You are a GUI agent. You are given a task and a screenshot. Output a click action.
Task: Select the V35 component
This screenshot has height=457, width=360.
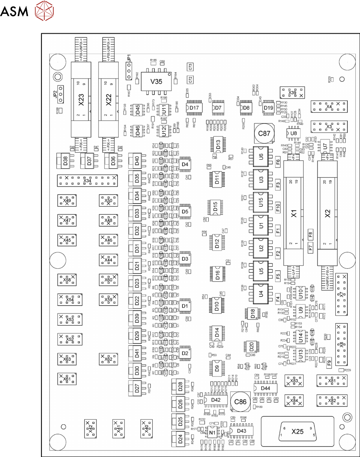pyautogui.click(x=156, y=82)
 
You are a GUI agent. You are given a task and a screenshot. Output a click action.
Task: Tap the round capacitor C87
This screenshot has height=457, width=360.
pyautogui.click(x=264, y=133)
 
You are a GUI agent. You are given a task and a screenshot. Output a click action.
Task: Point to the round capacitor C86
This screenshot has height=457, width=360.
pyautogui.click(x=240, y=402)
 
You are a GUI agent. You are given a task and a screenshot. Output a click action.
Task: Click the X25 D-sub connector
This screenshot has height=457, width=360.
pyautogui.click(x=297, y=431)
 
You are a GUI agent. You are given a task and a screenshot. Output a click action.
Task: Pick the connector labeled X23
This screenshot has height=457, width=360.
pyautogui.click(x=81, y=99)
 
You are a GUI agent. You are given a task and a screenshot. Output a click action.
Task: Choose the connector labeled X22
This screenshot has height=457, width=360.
pyautogui.click(x=109, y=99)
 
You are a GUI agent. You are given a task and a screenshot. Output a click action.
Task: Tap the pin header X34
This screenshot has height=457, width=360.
pyautogui.click(x=87, y=181)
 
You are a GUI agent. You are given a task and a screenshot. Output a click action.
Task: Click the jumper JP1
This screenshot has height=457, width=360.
pyautogui.click(x=128, y=71)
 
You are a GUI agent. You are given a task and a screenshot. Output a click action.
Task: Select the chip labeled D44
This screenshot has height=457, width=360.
pyautogui.click(x=266, y=388)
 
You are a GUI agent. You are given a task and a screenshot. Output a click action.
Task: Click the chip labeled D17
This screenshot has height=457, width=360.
pyautogui.click(x=194, y=108)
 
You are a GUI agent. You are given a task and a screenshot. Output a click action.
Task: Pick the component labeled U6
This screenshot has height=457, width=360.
pyautogui.click(x=261, y=157)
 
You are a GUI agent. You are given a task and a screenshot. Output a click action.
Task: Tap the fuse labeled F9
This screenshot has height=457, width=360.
pyautogui.click(x=329, y=362)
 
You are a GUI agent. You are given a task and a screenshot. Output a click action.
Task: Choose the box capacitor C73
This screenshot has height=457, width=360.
pyautogui.click(x=190, y=67)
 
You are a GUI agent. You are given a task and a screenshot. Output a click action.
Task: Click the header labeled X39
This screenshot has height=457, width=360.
pyautogui.click(x=292, y=92)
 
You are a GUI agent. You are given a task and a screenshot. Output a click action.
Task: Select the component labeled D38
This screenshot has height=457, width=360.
pyautogui.click(x=65, y=160)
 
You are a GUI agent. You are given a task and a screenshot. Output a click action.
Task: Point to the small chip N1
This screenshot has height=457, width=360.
pyautogui.click(x=212, y=432)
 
